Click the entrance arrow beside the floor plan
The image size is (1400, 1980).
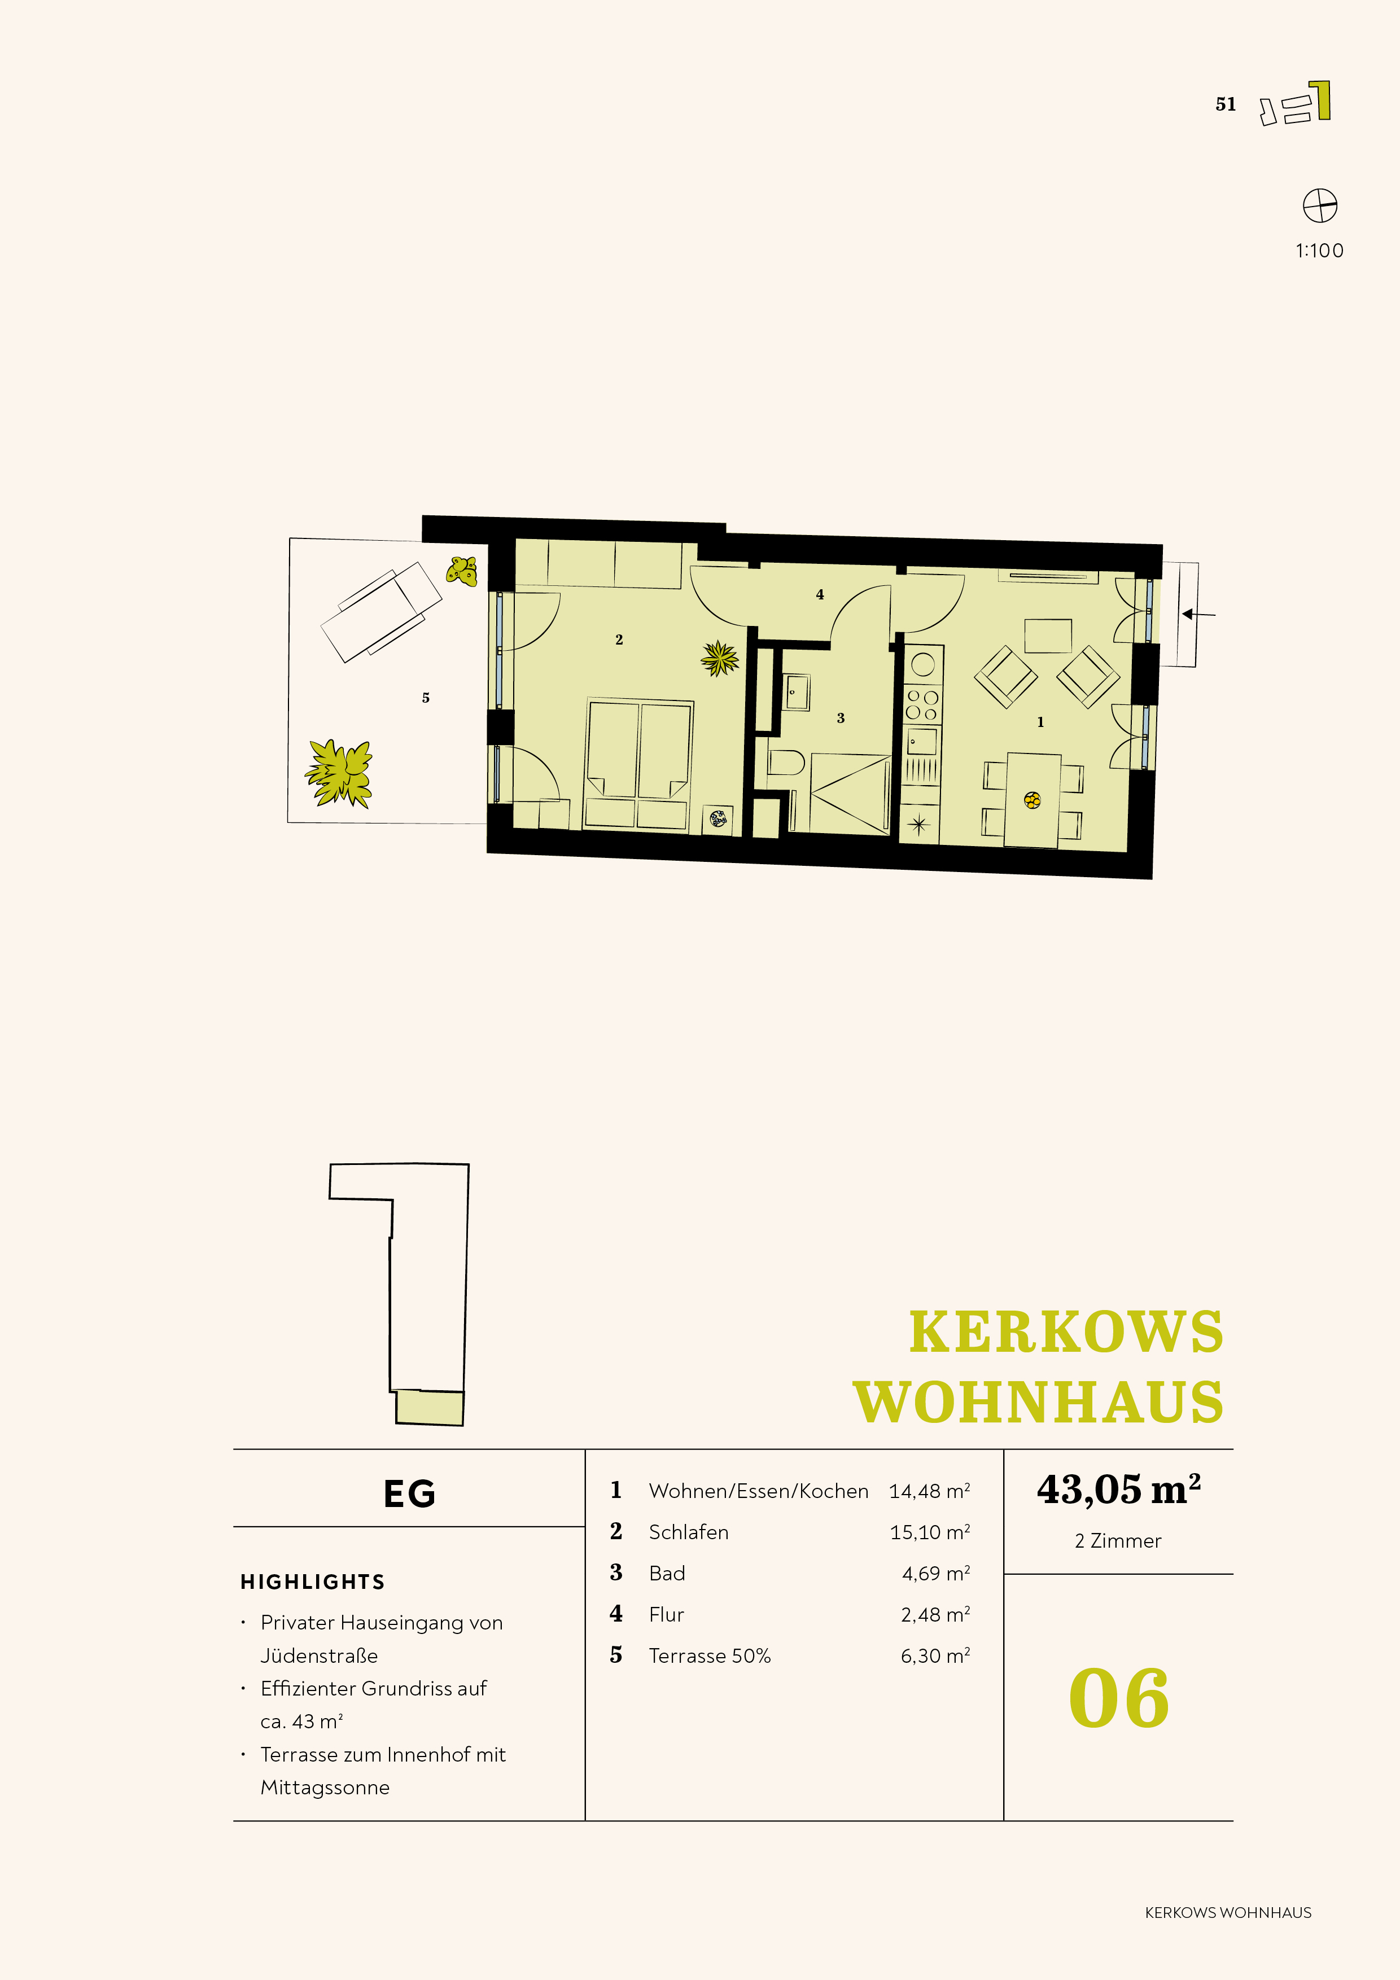point(1199,614)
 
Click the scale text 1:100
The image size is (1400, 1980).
point(1319,251)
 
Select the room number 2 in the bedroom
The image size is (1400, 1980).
point(619,639)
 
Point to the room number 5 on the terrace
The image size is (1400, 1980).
point(425,698)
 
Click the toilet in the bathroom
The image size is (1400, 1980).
point(785,763)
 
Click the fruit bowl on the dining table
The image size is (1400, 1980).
point(1032,800)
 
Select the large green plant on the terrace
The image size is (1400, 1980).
point(340,773)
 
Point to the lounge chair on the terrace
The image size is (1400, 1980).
point(380,611)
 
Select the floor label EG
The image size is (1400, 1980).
point(410,1493)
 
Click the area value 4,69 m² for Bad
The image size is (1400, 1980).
point(936,1573)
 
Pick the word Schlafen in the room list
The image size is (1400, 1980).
point(688,1532)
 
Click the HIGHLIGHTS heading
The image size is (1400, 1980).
point(312,1582)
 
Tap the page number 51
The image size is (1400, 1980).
point(1225,104)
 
